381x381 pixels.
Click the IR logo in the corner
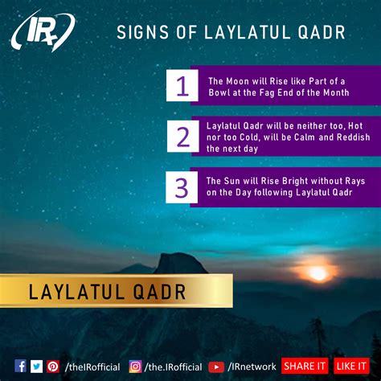click(43, 30)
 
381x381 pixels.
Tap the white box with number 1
click(182, 85)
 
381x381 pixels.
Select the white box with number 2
click(183, 137)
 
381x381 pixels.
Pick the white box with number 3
click(182, 187)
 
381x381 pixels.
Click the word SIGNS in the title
click(143, 32)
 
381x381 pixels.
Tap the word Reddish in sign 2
click(354, 137)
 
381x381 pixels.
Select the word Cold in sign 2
click(249, 137)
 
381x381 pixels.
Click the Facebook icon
click(20, 366)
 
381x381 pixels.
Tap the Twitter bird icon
click(36, 367)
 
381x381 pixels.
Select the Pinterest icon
click(53, 367)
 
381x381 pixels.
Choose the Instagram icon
click(135, 367)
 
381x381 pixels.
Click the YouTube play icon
click(216, 367)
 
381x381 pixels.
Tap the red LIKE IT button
click(351, 366)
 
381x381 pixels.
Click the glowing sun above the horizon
click(318, 273)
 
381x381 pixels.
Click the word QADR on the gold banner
click(160, 292)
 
